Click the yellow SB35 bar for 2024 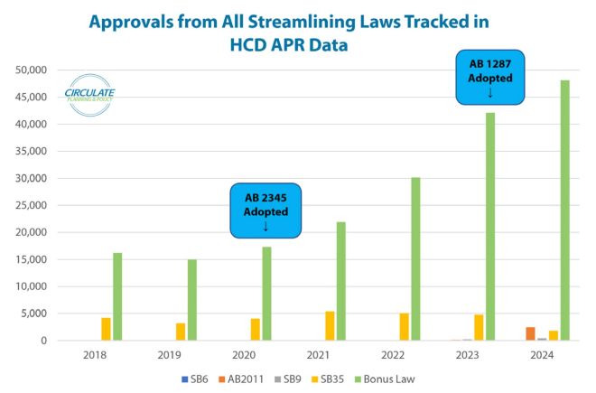(x=553, y=335)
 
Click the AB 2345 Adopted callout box (x=265, y=211)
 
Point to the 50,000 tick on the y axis (x=30, y=70)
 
